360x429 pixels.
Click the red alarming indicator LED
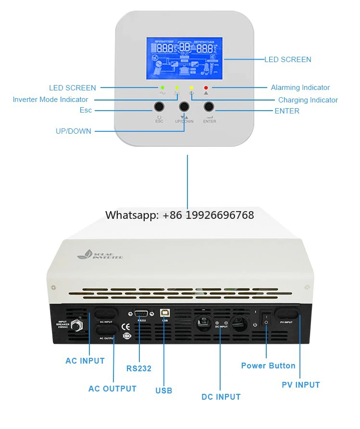(x=206, y=88)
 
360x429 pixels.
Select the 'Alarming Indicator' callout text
(x=300, y=88)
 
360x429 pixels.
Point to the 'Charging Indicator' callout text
(x=308, y=100)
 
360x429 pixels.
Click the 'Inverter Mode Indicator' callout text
(x=50, y=100)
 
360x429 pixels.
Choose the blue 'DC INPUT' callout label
(x=221, y=397)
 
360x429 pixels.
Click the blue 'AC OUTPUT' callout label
(x=112, y=389)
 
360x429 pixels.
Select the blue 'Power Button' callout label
(x=268, y=366)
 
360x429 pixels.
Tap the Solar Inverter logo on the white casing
(x=100, y=255)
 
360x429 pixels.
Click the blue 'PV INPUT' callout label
(x=300, y=385)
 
